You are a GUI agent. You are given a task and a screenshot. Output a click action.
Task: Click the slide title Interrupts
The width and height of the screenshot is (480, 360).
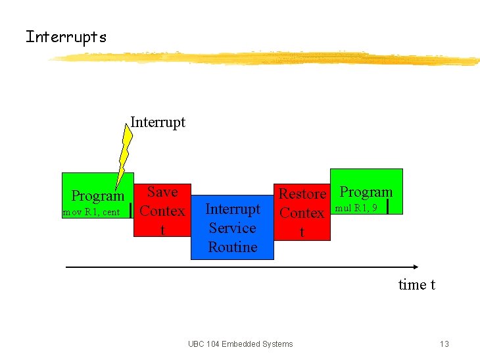66,37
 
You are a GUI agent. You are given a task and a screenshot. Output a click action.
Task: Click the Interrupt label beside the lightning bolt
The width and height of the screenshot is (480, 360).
158,122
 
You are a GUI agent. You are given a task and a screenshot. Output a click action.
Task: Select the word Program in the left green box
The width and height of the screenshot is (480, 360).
97,195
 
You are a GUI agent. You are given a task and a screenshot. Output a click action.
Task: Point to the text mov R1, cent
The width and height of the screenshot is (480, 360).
91,212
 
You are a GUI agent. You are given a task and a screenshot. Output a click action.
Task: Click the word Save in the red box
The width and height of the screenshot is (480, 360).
162,192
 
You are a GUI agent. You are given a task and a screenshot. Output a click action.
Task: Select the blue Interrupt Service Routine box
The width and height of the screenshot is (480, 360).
232,227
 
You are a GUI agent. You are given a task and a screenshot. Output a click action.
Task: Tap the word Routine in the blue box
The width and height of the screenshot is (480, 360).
233,247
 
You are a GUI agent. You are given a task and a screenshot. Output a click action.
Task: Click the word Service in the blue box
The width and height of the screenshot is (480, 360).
232,228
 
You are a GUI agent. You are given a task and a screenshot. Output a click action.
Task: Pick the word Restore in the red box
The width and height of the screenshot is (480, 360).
302,193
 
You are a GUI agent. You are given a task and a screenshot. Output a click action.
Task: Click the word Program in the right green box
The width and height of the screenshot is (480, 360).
366,192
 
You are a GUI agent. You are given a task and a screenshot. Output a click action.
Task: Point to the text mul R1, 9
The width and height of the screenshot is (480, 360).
356,208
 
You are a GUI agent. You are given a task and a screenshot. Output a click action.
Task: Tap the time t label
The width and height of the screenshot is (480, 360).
417,284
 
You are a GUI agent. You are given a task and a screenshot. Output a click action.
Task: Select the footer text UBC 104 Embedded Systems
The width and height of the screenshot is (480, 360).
240,344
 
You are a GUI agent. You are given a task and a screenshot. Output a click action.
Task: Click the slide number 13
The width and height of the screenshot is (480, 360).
444,344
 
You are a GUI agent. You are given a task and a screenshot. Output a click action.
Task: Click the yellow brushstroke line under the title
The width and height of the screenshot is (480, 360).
263,59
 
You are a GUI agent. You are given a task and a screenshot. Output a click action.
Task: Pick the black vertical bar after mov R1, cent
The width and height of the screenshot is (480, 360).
132,211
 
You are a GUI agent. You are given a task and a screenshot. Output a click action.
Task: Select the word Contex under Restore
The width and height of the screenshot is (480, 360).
302,213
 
